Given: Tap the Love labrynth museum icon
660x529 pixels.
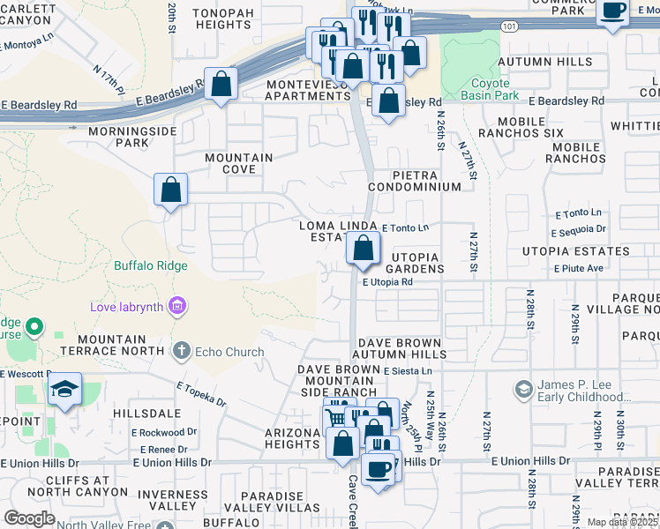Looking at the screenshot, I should [x=178, y=306].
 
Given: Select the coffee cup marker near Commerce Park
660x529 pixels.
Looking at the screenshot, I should [x=612, y=12].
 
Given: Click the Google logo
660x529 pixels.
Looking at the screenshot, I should [x=29, y=518].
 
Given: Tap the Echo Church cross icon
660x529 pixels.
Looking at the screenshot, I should [x=182, y=352].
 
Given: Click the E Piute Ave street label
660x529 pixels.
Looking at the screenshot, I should [x=578, y=268].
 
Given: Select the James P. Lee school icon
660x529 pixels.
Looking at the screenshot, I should [x=523, y=389].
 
